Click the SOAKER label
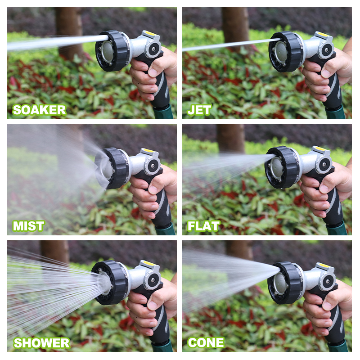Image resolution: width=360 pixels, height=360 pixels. [39, 110]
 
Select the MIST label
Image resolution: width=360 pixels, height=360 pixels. [29, 226]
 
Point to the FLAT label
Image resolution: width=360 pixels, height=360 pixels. [203, 226]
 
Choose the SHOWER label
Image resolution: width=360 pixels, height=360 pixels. [41, 343]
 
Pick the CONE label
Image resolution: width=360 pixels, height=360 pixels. [206, 343]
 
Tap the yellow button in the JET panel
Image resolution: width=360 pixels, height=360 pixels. [323, 34]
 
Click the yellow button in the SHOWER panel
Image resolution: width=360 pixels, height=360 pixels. [148, 264]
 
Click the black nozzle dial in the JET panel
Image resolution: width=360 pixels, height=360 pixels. [286, 51]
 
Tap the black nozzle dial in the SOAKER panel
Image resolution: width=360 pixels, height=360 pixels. [113, 50]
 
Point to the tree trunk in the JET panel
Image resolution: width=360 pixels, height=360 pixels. [234, 25]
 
